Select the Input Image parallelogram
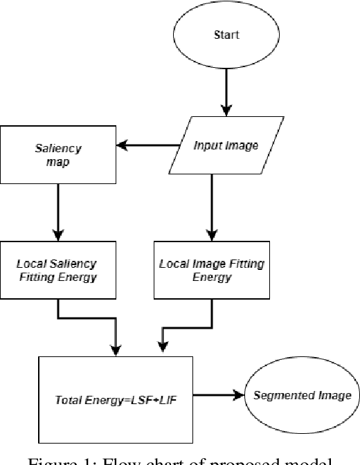tap(225, 145)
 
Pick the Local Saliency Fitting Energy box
tap(57, 271)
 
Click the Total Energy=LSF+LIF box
tap(116, 396)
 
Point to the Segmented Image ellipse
tap(302, 396)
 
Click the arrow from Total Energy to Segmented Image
tap(218, 396)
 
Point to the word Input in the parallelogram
tap(208, 145)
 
